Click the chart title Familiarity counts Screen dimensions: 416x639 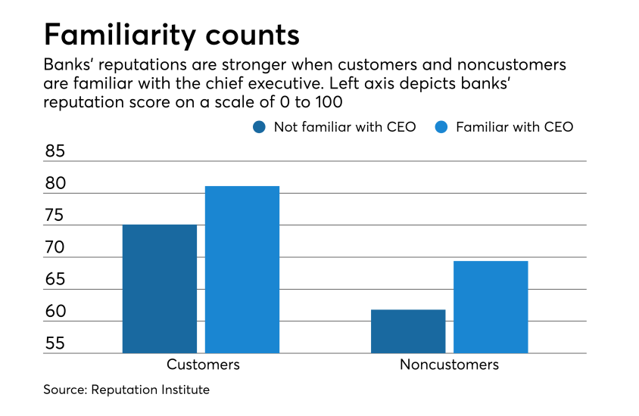pos(170,35)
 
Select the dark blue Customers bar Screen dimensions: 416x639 pos(159,288)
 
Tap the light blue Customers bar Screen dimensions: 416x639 pos(242,269)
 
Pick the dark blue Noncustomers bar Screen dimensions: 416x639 pos(408,331)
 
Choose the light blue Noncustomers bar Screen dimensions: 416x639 pos(491,306)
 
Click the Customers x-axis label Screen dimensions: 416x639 pos(203,365)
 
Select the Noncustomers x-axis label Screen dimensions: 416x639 pos(449,365)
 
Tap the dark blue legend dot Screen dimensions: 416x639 pos(260,127)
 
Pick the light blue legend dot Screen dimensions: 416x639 pos(441,127)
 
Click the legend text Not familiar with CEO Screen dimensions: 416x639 pos(344,127)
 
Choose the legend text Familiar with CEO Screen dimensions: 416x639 pos(514,127)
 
